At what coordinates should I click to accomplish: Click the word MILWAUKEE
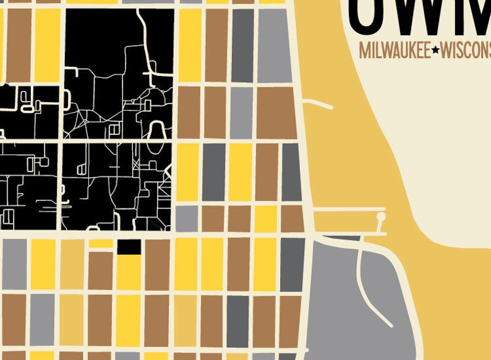tap(394, 51)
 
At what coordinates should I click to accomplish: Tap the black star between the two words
tap(435, 51)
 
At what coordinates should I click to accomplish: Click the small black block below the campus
tap(129, 246)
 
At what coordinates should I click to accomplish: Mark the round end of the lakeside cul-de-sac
tap(380, 217)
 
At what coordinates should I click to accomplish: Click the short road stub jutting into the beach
tap(319, 103)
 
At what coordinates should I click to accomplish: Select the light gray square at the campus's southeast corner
tap(186, 218)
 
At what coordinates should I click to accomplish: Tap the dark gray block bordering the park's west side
tap(293, 264)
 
